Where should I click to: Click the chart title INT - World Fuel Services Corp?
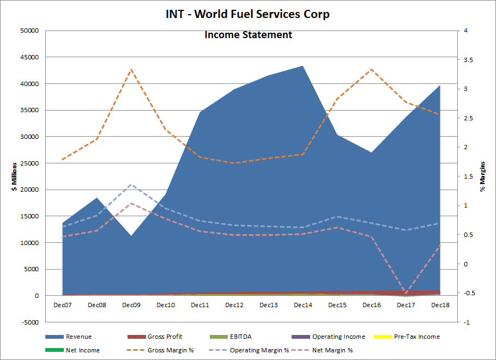[x=248, y=14]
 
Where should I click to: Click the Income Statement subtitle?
[x=248, y=35]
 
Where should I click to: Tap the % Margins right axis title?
[x=482, y=176]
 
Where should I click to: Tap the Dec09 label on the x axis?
[x=131, y=305]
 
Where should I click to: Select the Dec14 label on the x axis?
[x=303, y=305]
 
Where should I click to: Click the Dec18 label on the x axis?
[x=440, y=305]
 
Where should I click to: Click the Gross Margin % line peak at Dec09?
[x=131, y=70]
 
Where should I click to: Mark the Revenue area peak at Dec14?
[x=303, y=66]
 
